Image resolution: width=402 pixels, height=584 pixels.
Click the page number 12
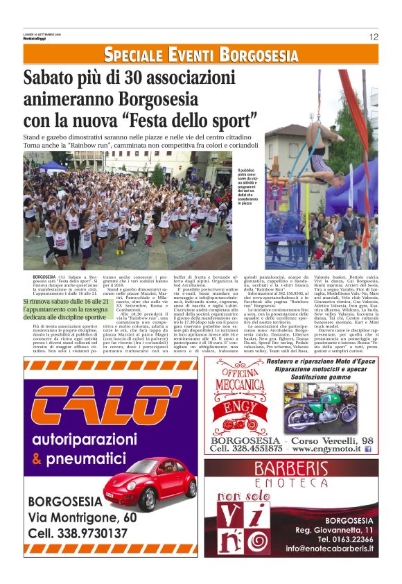click(x=374, y=37)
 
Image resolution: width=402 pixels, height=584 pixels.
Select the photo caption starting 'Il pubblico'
click(x=247, y=187)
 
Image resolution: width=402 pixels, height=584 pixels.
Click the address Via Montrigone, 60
click(x=82, y=517)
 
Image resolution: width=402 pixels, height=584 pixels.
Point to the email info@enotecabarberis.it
click(x=329, y=549)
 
